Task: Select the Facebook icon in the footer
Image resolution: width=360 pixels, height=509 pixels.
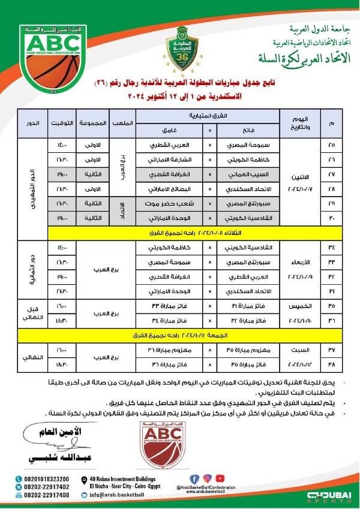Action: (193, 479)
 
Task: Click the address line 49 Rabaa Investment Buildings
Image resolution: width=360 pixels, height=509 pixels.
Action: (125, 478)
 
